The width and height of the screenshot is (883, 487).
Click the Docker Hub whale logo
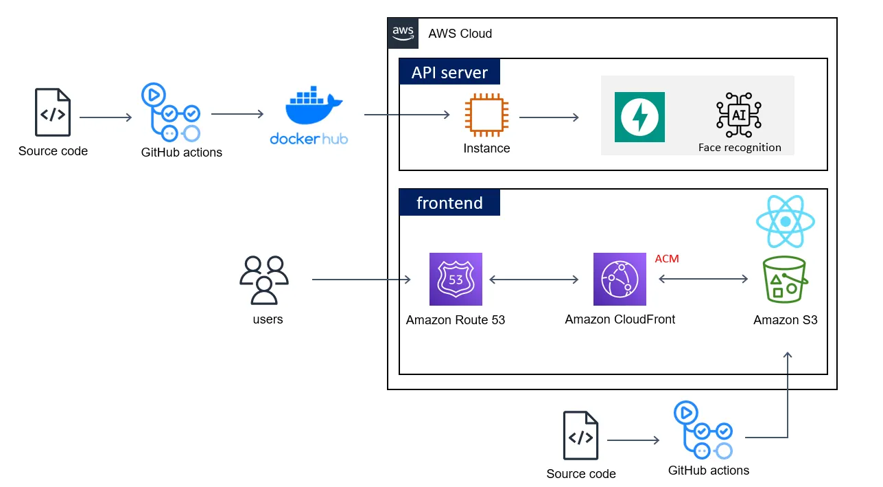pyautogui.click(x=313, y=106)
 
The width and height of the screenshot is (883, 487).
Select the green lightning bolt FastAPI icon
pyautogui.click(x=639, y=117)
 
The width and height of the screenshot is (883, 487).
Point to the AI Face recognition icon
pyautogui.click(x=739, y=115)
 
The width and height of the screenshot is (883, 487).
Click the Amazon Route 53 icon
pyautogui.click(x=456, y=279)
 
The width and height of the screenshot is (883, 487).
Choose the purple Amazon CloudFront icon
pyautogui.click(x=620, y=279)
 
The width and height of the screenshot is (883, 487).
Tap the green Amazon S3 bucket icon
pyautogui.click(x=785, y=280)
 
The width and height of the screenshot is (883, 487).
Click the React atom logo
pyautogui.click(x=785, y=221)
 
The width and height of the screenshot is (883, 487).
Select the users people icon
pyautogui.click(x=264, y=280)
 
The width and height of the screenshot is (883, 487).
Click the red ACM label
pyautogui.click(x=667, y=259)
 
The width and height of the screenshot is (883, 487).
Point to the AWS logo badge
pyautogui.click(x=403, y=33)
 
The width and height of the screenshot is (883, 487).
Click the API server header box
pyautogui.click(x=449, y=72)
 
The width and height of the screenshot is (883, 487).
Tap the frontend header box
pyautogui.click(x=449, y=203)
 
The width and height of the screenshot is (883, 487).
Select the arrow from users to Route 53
pyautogui.click(x=361, y=280)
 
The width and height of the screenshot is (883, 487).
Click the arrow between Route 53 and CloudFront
pyautogui.click(x=534, y=280)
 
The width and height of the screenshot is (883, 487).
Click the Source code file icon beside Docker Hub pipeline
pyautogui.click(x=53, y=113)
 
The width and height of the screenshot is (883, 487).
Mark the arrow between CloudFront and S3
pyautogui.click(x=703, y=279)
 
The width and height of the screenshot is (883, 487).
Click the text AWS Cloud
pyautogui.click(x=460, y=33)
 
